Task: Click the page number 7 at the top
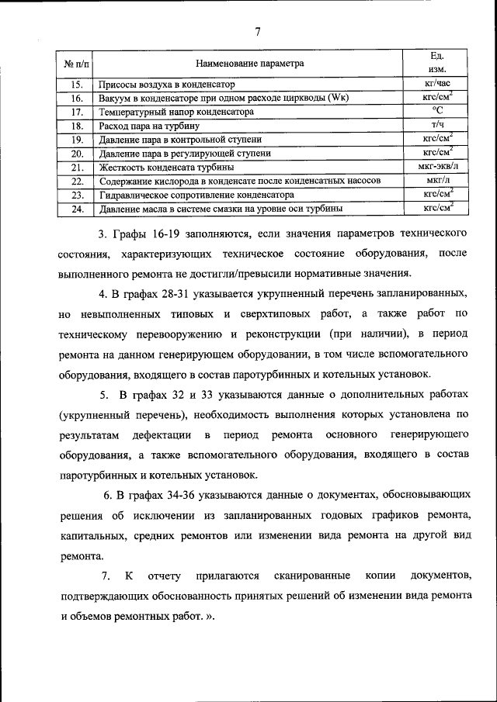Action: (x=257, y=32)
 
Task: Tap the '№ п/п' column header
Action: (x=75, y=63)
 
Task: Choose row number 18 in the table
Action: (x=76, y=126)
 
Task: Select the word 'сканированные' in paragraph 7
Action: (x=308, y=576)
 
